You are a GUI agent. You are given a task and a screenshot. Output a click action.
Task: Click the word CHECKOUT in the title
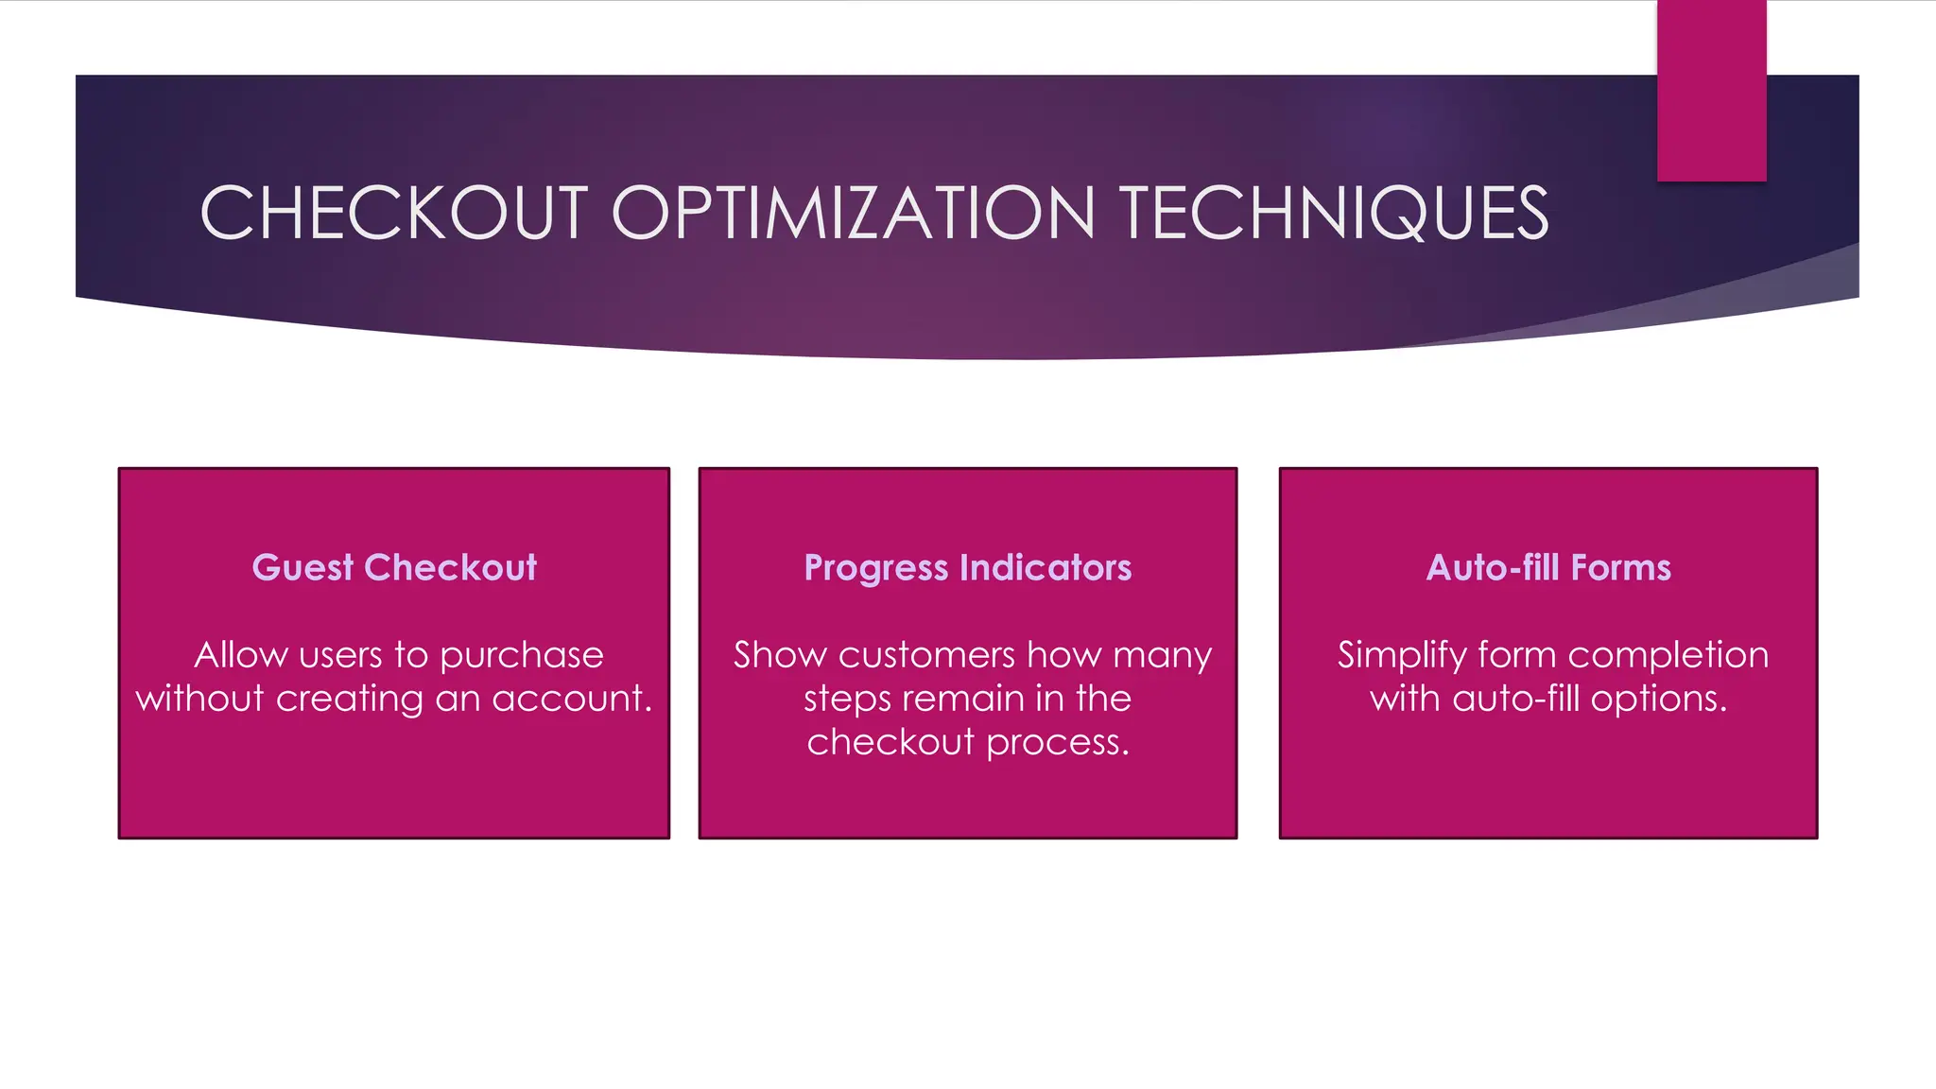click(x=394, y=213)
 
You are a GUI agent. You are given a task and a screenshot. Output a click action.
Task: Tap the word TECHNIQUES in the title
click(x=1333, y=213)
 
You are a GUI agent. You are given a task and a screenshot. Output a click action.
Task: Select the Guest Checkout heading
click(x=394, y=567)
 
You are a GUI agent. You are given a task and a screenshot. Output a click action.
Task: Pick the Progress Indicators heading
click(x=967, y=567)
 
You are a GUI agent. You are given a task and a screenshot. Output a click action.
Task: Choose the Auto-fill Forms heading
click(x=1548, y=567)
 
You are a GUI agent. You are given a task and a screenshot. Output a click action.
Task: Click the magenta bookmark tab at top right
click(x=1711, y=90)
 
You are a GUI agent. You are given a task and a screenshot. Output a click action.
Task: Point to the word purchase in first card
click(x=521, y=655)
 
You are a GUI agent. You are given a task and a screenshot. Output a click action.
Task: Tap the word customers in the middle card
click(x=926, y=655)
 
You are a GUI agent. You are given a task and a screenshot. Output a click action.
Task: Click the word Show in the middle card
click(x=780, y=655)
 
